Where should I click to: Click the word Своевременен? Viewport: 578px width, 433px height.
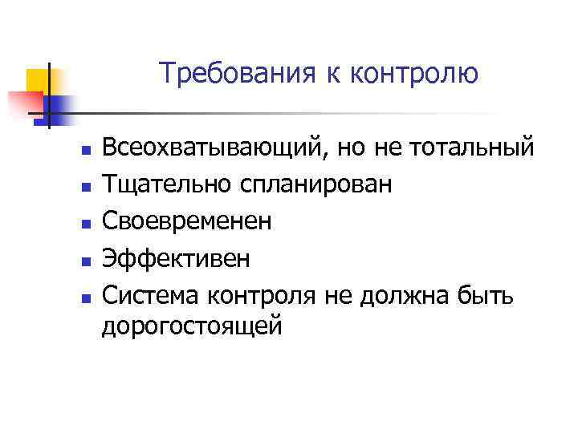(x=187, y=221)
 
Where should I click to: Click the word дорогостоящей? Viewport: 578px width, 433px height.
(x=192, y=327)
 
